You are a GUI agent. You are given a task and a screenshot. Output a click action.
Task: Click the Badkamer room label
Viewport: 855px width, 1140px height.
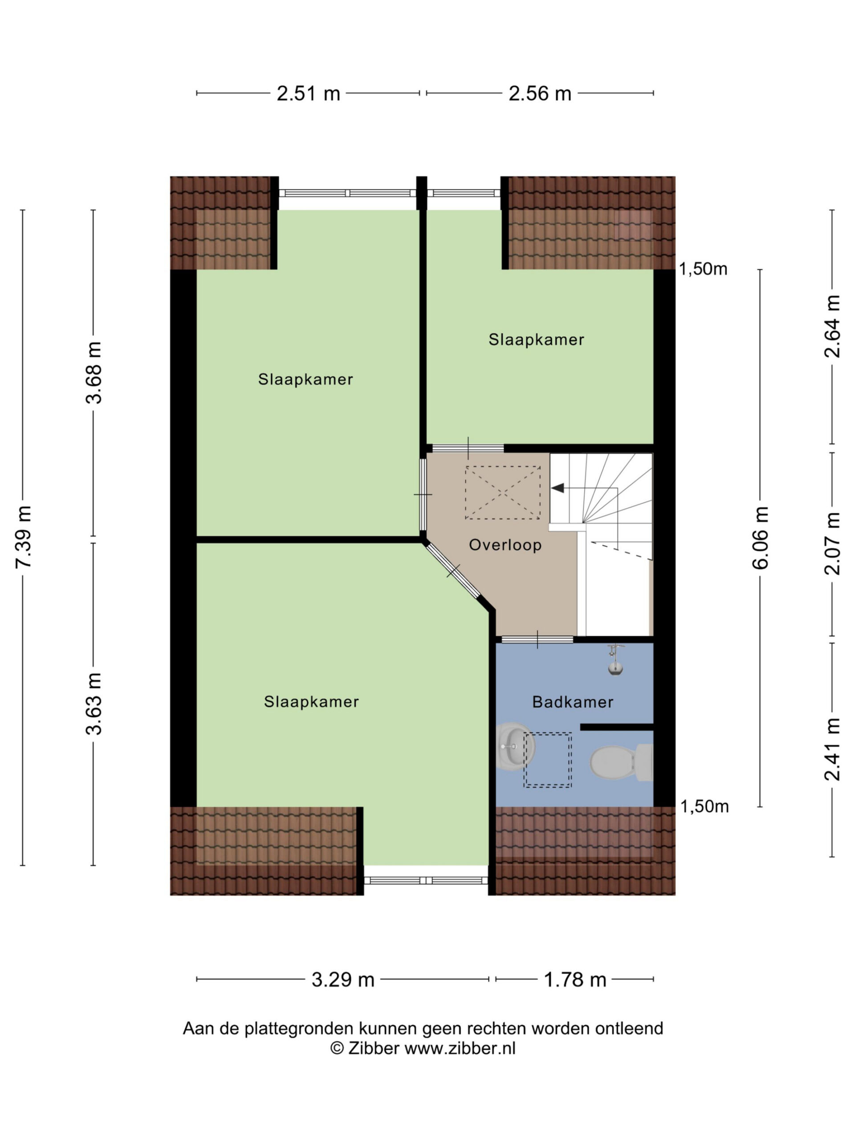point(573,702)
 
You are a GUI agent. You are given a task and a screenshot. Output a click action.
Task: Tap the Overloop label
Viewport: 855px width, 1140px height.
point(505,545)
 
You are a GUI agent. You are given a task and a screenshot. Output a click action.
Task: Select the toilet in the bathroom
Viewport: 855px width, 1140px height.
point(621,762)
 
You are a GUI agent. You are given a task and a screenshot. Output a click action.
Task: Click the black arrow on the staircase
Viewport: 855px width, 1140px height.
point(558,488)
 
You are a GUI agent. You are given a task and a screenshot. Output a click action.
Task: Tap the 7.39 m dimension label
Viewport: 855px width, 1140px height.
point(24,537)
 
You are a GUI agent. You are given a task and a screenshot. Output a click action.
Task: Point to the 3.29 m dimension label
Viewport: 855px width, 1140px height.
point(343,979)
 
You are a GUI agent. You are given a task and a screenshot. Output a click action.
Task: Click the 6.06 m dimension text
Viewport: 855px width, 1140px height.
point(760,537)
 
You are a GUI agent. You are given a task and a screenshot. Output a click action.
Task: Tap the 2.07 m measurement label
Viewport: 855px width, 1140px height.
point(832,543)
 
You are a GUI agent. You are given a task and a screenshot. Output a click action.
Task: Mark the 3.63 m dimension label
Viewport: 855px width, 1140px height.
point(94,704)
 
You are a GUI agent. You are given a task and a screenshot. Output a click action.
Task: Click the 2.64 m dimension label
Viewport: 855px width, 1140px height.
point(832,326)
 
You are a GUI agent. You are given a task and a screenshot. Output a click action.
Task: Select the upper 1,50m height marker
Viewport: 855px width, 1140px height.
point(703,269)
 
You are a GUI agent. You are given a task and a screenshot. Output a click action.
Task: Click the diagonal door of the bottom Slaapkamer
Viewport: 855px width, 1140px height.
point(452,571)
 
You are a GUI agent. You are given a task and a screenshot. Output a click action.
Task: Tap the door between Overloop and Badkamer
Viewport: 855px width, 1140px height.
point(537,639)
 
